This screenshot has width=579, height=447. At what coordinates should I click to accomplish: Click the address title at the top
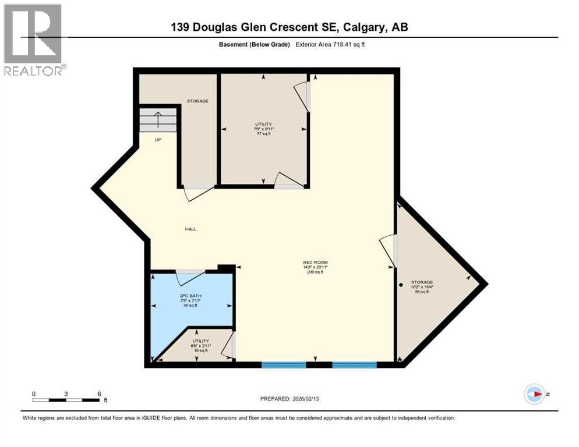[x=289, y=27]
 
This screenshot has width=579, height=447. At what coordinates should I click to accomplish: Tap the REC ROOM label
[x=315, y=262]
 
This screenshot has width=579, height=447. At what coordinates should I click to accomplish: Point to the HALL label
[x=190, y=229]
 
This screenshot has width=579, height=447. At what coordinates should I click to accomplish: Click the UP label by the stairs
[x=157, y=140]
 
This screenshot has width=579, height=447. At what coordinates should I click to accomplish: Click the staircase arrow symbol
[x=157, y=120]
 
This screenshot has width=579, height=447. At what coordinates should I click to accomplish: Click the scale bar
[x=66, y=400]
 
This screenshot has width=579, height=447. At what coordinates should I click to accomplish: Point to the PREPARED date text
[x=289, y=399]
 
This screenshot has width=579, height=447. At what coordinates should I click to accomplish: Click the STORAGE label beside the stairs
[x=197, y=101]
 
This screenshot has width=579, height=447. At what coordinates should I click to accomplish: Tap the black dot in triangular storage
[x=401, y=285]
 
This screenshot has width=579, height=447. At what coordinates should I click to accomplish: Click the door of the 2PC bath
[x=190, y=276]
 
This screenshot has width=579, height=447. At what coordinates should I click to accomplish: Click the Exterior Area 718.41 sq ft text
[x=332, y=44]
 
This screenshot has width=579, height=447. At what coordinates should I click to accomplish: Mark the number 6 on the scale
[x=99, y=393]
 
